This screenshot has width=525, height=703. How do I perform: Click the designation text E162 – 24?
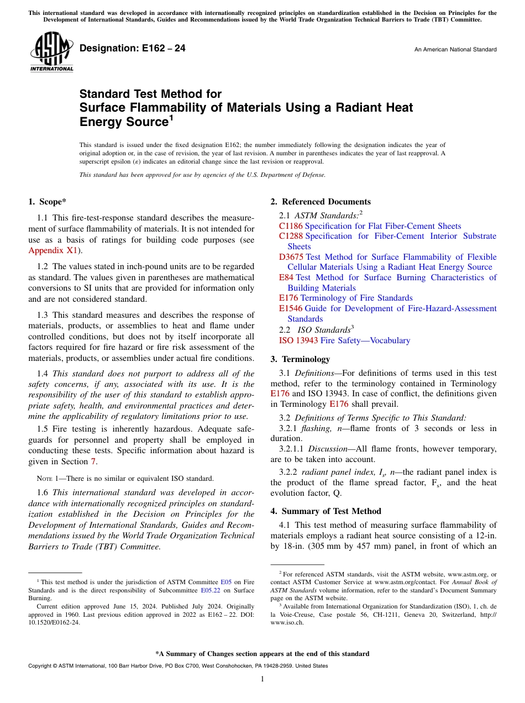[133, 49]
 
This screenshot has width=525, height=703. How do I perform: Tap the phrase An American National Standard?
[455, 50]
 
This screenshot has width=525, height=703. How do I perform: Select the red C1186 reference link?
[291, 226]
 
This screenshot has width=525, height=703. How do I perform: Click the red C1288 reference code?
[291, 236]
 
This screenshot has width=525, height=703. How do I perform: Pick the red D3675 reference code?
[291, 257]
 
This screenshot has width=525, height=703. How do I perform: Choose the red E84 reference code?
[286, 277]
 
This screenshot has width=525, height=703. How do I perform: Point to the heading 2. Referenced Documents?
[321, 202]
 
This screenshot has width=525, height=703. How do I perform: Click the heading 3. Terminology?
[300, 359]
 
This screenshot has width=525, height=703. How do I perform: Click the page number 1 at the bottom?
[262, 679]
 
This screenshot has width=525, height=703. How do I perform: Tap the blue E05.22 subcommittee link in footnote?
[209, 590]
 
